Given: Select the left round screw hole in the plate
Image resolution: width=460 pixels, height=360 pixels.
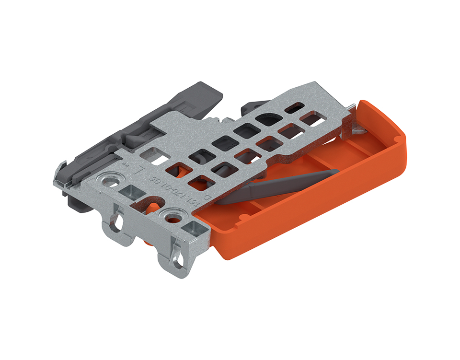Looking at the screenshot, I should pos(113,181).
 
